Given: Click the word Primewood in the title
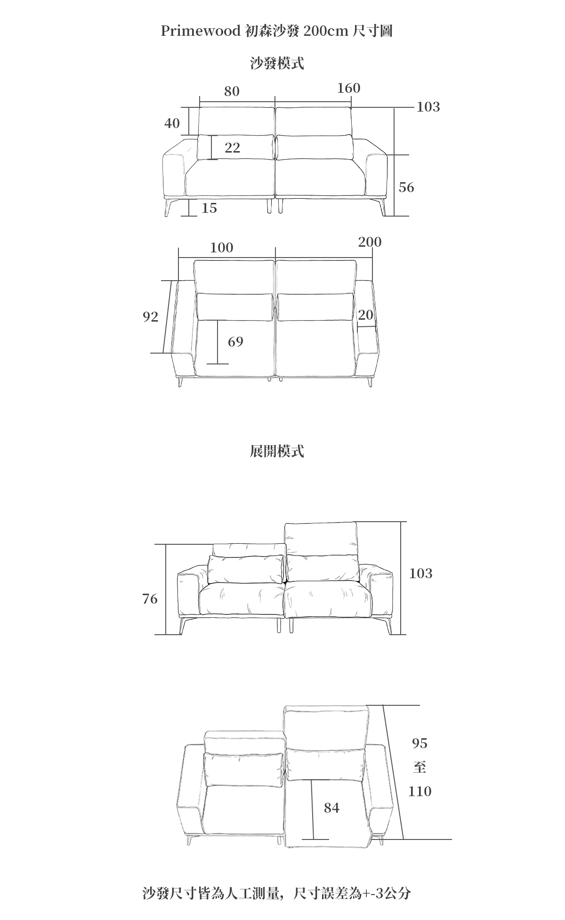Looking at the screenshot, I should (x=201, y=31).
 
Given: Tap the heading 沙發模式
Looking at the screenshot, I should (x=277, y=63).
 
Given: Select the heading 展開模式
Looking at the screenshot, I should (x=277, y=451).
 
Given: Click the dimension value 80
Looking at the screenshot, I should (x=232, y=91).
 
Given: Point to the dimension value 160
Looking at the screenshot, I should (x=348, y=88).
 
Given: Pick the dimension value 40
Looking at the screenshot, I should (x=172, y=123).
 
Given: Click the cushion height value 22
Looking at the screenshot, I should (x=233, y=148).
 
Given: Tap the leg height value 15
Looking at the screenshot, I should (x=209, y=208).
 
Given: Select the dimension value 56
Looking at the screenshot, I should (x=406, y=187).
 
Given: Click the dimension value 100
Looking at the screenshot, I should (x=221, y=248).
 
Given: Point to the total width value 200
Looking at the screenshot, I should (x=370, y=242).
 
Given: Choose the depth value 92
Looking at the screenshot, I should (x=151, y=317).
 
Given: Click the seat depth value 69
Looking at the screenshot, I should (x=235, y=342).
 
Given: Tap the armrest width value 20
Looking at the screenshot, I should (x=365, y=315).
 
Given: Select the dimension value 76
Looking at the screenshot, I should (x=150, y=599).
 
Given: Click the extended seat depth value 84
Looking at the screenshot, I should (x=331, y=808).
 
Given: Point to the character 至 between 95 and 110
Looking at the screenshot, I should (x=420, y=767).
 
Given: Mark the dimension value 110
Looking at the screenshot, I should (x=420, y=791).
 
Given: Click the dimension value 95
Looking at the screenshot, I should (x=420, y=743).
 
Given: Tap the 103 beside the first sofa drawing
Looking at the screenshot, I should (x=428, y=107).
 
